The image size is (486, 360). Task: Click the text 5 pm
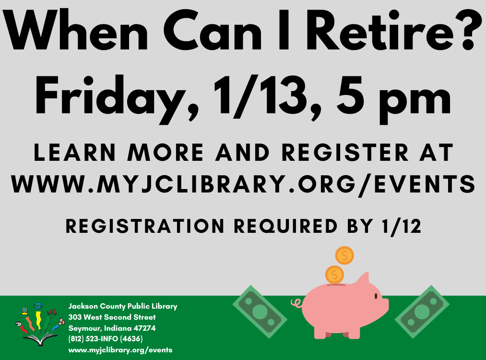[x=393, y=100]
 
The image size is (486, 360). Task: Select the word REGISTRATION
[x=145, y=226]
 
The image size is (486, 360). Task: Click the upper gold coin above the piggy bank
[x=344, y=255]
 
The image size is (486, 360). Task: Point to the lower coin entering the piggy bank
[x=334, y=275]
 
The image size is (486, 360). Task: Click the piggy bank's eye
[x=376, y=296]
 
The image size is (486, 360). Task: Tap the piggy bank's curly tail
[x=296, y=302]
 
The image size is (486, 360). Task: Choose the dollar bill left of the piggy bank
[x=260, y=312]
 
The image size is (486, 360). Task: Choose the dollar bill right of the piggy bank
[x=422, y=312]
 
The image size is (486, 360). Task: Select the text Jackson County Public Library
[x=123, y=306]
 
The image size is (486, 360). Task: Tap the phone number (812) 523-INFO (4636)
[x=106, y=339]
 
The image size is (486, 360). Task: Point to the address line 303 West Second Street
[x=112, y=317]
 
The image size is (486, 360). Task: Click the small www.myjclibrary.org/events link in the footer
[x=120, y=350]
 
